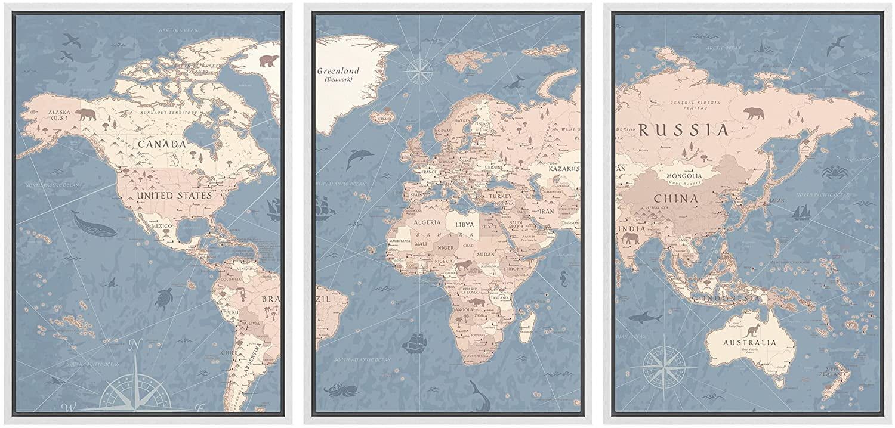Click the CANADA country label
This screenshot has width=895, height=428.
coord(162,144)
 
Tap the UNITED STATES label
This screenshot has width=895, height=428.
coord(174,196)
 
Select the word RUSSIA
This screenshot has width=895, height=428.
coord(684,131)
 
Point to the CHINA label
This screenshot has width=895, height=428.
coord(675,199)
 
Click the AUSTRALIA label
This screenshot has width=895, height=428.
coord(750,343)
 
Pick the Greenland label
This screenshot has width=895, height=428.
coord(338,72)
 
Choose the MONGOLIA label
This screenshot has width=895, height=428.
coord(684,176)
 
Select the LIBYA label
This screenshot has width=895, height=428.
coord(464,225)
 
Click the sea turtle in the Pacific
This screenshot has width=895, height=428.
coord(163,298)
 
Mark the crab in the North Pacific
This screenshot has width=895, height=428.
coord(835,173)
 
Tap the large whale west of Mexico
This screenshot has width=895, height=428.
coord(94,225)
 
